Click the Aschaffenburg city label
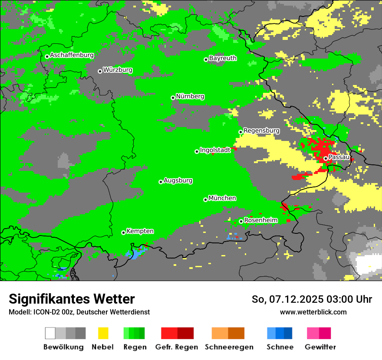(x=72, y=55)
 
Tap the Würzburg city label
(x=118, y=70)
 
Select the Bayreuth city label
(x=223, y=58)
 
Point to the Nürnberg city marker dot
(x=173, y=98)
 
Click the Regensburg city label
(x=261, y=131)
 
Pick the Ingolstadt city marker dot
(x=197, y=151)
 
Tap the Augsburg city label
(x=178, y=180)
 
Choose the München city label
(x=222, y=198)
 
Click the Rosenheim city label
(x=260, y=220)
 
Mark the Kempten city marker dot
(x=123, y=232)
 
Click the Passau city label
(x=339, y=157)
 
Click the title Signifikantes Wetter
(x=72, y=299)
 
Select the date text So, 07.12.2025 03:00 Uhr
(x=312, y=299)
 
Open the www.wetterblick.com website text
(x=313, y=312)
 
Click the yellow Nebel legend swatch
(x=103, y=333)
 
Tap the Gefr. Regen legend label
(x=177, y=347)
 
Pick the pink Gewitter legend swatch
(x=313, y=333)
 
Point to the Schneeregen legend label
(x=229, y=347)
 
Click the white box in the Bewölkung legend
(x=50, y=333)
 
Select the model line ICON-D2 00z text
(x=79, y=312)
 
